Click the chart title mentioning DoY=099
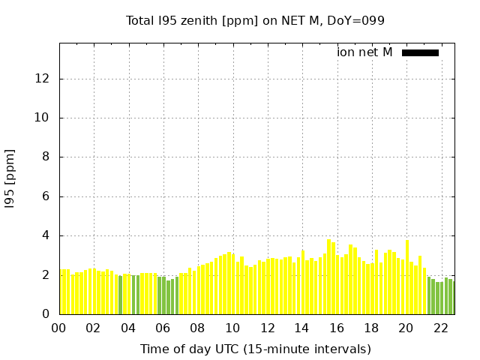(x=255, y=20)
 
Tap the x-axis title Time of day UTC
(x=255, y=349)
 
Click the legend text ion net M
(x=364, y=52)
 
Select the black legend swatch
(x=420, y=52)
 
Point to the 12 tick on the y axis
(x=44, y=79)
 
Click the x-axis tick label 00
(x=58, y=328)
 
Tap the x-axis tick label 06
(x=163, y=328)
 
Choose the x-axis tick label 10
(x=232, y=328)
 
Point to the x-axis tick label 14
(x=301, y=328)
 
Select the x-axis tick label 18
(x=371, y=328)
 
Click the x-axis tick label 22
(x=441, y=328)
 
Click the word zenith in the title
(x=199, y=20)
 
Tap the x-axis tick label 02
(x=93, y=328)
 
